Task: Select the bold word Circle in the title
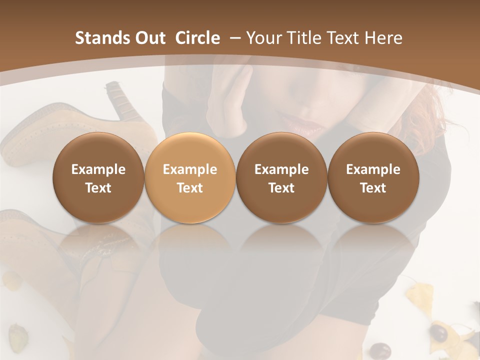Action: [197, 38]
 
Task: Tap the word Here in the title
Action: [384, 38]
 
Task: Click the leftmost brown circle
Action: [98, 178]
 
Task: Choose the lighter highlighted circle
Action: [190, 178]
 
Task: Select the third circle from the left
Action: [281, 178]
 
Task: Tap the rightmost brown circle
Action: [373, 178]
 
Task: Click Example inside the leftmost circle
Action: [98, 169]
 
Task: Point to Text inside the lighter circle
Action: [190, 188]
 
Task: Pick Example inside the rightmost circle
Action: [373, 169]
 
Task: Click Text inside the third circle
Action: [281, 188]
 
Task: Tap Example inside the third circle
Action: [281, 169]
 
